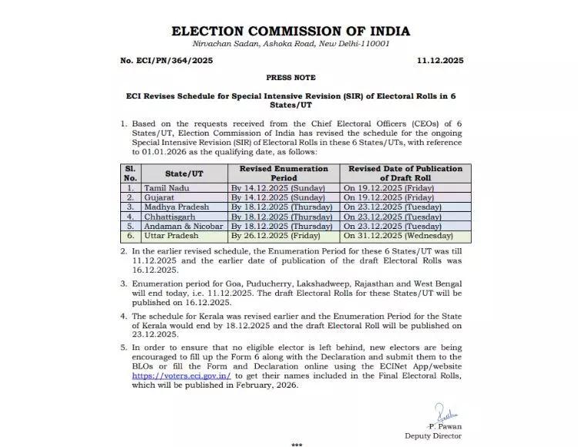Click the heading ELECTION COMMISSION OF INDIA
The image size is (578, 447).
290,32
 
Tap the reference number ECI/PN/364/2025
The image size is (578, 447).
163,59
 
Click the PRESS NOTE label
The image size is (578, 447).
290,78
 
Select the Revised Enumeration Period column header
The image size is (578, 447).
283,173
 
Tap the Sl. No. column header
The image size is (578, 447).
129,173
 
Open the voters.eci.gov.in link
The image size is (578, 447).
174,375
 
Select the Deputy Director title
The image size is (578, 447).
432,435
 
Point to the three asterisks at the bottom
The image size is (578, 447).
297,444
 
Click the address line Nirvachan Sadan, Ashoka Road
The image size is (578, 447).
290,44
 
